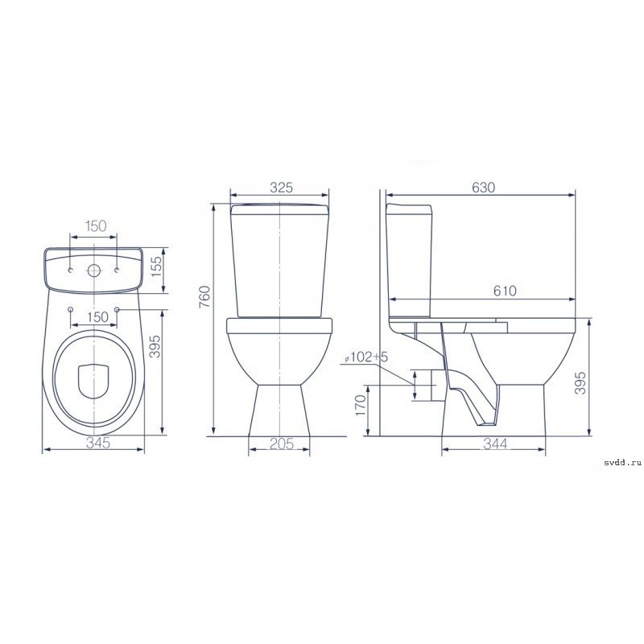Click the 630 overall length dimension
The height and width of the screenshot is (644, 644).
point(484,188)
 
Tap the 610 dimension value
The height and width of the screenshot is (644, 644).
point(505,291)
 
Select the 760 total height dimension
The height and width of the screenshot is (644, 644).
point(204,296)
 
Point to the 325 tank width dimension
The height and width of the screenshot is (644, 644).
point(281,188)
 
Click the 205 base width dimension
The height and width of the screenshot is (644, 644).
point(282,444)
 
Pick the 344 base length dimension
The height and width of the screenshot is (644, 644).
point(495,444)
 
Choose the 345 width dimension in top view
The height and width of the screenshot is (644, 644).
point(98,443)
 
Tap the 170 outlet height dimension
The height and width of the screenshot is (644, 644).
point(360,405)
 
